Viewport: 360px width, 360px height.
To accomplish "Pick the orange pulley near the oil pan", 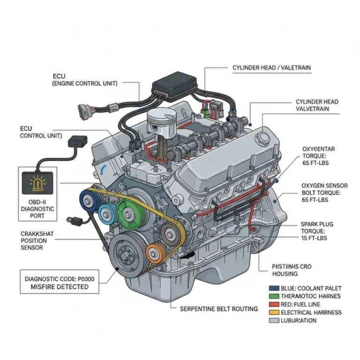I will coord(154,254).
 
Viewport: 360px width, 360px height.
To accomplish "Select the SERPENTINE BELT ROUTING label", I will coord(219,308).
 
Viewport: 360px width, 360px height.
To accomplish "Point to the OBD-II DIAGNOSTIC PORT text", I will coord(38,209).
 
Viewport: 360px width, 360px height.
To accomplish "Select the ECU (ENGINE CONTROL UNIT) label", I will coord(84,80).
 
